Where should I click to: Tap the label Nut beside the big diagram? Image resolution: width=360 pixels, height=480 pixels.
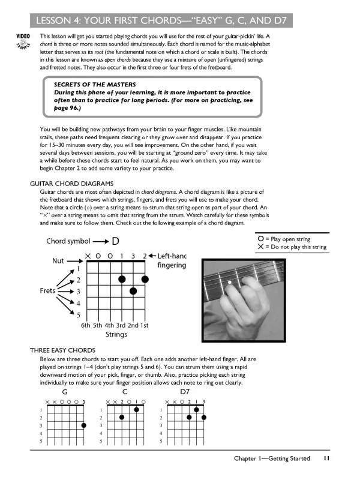click(x=55, y=262)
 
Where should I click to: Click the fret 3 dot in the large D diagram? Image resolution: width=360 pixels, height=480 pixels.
click(x=134, y=291)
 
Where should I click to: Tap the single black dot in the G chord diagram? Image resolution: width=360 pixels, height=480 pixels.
click(x=83, y=425)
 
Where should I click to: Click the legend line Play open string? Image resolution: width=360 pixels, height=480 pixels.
click(x=292, y=239)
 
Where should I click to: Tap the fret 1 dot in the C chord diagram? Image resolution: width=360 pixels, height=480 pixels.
click(x=137, y=410)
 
